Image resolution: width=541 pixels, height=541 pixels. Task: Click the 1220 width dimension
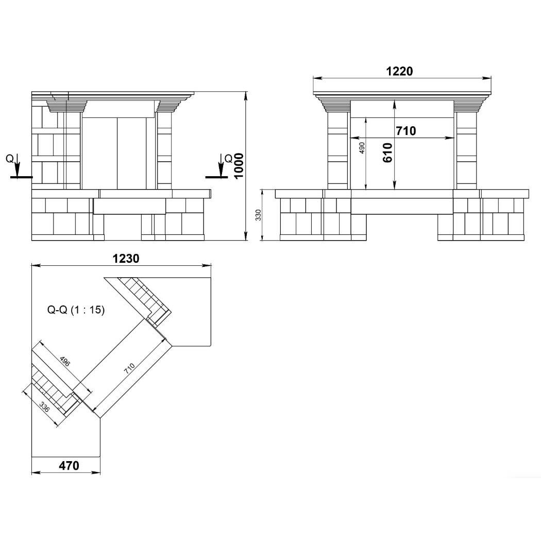click(x=399, y=71)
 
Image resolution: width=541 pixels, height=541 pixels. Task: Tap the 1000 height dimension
click(x=239, y=166)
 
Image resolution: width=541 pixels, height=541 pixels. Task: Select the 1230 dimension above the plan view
click(x=126, y=259)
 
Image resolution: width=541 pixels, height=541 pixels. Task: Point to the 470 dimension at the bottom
click(x=69, y=465)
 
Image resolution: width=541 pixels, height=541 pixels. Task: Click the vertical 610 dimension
click(x=387, y=153)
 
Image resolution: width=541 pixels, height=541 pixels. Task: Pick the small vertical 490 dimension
click(x=362, y=148)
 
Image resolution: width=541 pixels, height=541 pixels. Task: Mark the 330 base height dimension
click(x=259, y=215)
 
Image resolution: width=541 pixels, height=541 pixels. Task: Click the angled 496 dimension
click(x=65, y=361)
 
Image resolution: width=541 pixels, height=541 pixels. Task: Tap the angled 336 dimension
click(x=44, y=407)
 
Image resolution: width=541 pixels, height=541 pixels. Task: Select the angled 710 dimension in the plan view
click(x=129, y=368)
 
